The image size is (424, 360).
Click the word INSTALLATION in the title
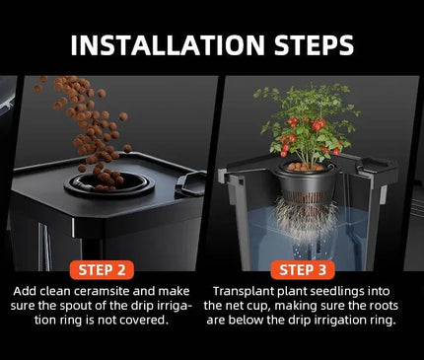pos(168,44)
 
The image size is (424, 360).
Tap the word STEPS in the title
pos(315,44)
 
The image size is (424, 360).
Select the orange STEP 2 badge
pos(102,270)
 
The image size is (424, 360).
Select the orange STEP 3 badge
pos(303,270)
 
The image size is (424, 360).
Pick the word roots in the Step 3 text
pos(383,306)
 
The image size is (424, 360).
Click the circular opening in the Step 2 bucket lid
pos(109,183)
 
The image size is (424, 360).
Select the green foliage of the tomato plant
pos(306,121)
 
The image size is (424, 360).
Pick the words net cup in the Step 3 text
pos(246,306)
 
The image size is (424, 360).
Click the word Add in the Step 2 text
pos(25,291)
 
